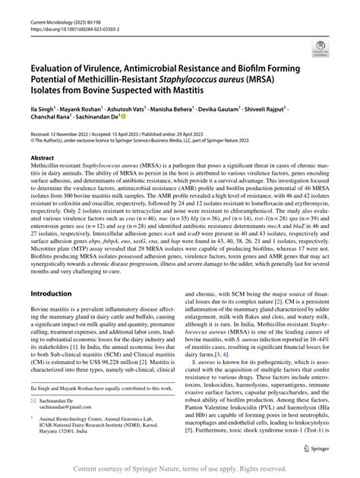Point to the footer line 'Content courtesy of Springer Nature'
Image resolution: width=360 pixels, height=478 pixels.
coord(180,468)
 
